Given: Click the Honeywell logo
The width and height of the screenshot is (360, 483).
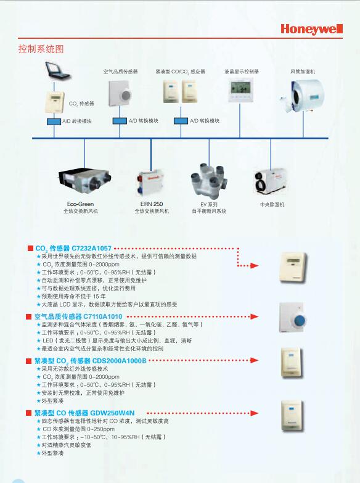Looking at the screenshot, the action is pyautogui.click(x=311, y=29).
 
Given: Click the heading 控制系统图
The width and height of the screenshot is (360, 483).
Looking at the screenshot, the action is pyautogui.click(x=41, y=49).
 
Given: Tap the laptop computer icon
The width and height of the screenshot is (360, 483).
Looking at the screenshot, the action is pyautogui.click(x=57, y=70).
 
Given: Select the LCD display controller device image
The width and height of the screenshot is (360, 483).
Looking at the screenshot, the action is pyautogui.click(x=240, y=89).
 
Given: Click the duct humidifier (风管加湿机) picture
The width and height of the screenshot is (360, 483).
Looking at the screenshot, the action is pyautogui.click(x=303, y=96).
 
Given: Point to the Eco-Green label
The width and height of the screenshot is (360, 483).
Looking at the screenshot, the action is pyautogui.click(x=80, y=204).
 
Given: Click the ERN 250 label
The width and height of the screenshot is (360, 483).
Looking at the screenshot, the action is pyautogui.click(x=152, y=204).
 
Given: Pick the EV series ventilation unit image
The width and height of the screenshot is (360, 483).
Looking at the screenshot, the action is pyautogui.click(x=209, y=180).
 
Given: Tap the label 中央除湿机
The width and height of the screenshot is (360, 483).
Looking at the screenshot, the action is pyautogui.click(x=272, y=204).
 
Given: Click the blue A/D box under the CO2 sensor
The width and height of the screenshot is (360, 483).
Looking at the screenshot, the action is pyautogui.click(x=54, y=122).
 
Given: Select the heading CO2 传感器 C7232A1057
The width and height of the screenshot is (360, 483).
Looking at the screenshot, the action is pyautogui.click(x=73, y=249).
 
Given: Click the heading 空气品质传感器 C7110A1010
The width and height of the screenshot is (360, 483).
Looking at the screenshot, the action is pyautogui.click(x=78, y=316).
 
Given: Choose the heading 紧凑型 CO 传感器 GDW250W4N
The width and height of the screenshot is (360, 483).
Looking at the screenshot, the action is pyautogui.click(x=84, y=413).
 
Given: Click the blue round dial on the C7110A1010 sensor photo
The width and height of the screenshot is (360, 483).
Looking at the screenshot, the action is pyautogui.click(x=300, y=320).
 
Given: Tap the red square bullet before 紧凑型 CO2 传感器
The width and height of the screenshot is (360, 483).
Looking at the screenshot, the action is pyautogui.click(x=28, y=361).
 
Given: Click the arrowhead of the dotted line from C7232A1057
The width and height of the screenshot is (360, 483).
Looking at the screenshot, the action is pyautogui.click(x=254, y=265).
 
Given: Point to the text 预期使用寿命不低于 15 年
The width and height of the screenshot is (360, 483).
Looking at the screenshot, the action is pyautogui.click(x=73, y=296).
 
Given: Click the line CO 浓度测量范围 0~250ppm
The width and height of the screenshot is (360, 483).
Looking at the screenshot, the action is pyautogui.click(x=78, y=429).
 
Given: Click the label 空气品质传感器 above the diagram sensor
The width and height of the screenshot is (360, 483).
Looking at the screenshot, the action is pyautogui.click(x=120, y=72).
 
